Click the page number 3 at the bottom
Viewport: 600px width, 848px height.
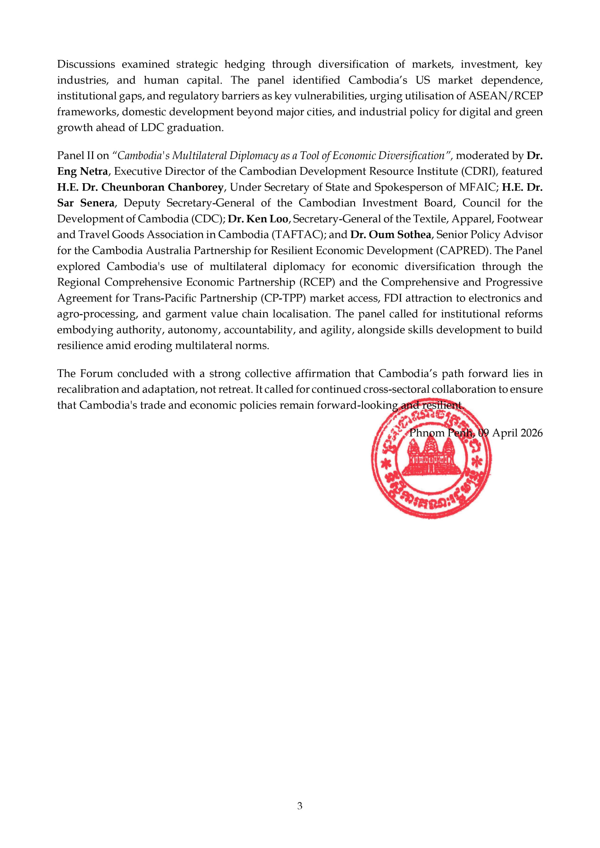click(x=299, y=806)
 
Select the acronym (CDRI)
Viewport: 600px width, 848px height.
click(x=477, y=171)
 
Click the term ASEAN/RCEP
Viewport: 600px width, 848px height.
click(x=506, y=96)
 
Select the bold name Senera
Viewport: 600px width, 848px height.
click(x=97, y=203)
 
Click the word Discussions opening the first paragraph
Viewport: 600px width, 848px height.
click(x=86, y=64)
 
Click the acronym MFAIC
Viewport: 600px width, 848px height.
click(x=476, y=187)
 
